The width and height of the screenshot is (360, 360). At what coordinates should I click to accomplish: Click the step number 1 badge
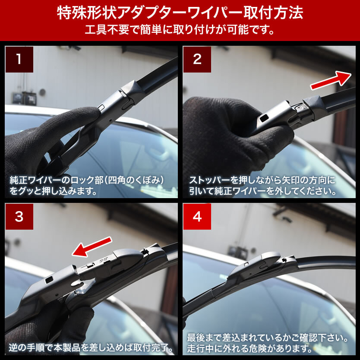[x=19, y=59]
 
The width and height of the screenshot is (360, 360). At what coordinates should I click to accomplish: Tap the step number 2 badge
[x=197, y=59]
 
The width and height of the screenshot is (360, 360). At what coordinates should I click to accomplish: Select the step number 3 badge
[x=19, y=216]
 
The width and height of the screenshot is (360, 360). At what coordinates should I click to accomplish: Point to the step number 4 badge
[x=197, y=216]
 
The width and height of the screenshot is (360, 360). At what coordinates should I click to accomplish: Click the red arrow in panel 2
[x=331, y=80]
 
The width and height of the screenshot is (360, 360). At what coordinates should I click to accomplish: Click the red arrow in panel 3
[x=92, y=246]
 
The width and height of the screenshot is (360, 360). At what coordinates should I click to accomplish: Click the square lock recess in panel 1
[x=101, y=107]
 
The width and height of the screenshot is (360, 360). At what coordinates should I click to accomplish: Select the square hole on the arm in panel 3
[x=49, y=280]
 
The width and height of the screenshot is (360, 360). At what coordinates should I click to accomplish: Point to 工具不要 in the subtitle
[x=107, y=29]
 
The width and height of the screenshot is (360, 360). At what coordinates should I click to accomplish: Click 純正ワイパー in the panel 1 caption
[x=36, y=180]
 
